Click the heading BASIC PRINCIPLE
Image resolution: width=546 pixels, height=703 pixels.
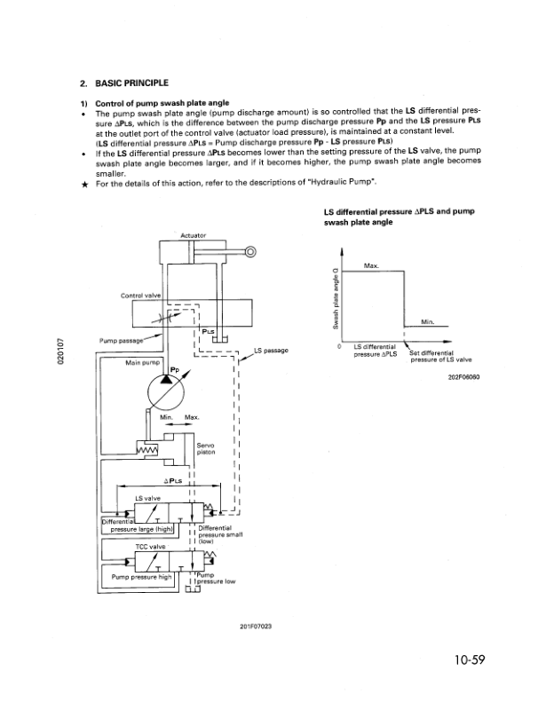point(131,83)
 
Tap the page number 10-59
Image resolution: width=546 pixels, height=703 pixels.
point(470,660)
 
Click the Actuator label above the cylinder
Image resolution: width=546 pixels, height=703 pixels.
point(194,235)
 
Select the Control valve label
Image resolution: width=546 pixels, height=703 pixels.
point(141,296)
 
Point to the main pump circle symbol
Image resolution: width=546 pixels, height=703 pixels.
point(166,392)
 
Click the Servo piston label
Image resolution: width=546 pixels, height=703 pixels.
point(206,449)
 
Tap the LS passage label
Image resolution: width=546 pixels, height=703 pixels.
point(271,350)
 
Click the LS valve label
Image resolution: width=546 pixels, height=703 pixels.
point(147,498)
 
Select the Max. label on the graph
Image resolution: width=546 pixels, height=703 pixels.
point(371,266)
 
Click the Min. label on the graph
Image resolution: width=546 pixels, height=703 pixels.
point(427,321)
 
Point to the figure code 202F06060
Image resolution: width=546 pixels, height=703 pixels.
point(463,377)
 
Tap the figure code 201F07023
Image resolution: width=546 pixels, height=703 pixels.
point(256,627)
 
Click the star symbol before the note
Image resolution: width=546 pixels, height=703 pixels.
point(84,185)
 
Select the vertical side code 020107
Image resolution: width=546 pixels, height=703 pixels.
point(61,350)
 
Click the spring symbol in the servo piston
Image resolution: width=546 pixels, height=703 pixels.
point(147,449)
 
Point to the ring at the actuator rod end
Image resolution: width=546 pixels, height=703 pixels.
point(251,252)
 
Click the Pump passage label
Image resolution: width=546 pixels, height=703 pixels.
point(121,340)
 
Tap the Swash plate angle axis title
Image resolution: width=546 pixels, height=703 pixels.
point(336,298)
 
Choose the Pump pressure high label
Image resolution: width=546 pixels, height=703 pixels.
point(142,577)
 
